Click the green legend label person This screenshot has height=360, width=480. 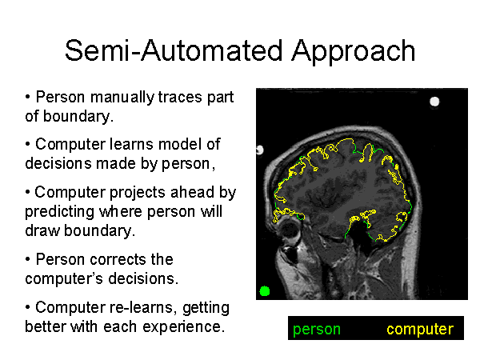pyautogui.click(x=317, y=330)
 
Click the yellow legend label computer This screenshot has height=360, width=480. pyautogui.click(x=419, y=330)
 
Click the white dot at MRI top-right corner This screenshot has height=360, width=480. pyautogui.click(x=434, y=102)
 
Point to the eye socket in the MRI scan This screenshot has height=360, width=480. pyautogui.click(x=290, y=234)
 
